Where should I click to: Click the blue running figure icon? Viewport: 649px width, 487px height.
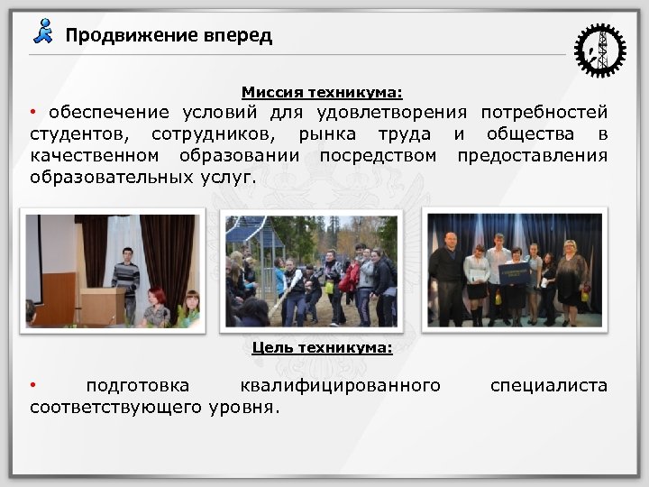coord(43,32)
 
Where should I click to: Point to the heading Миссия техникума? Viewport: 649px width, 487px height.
coord(322,92)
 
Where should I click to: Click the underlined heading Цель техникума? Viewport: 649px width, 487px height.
coord(322,347)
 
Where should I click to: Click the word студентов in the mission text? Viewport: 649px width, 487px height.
coord(78,135)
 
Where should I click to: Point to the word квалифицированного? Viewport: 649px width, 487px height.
coord(340,386)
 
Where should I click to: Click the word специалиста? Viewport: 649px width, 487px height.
coord(549,386)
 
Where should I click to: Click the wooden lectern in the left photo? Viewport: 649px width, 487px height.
coord(102,306)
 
